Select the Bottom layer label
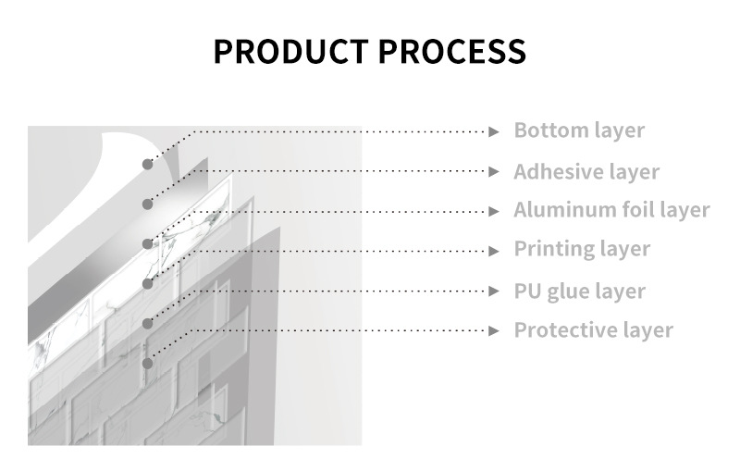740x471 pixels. click(x=579, y=130)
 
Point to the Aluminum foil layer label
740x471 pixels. click(x=611, y=211)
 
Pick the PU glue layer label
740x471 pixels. click(x=579, y=291)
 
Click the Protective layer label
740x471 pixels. click(x=593, y=330)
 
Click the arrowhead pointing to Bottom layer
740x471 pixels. click(x=495, y=131)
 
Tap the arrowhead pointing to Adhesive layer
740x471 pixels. click(x=495, y=172)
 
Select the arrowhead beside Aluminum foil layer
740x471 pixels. click(x=495, y=212)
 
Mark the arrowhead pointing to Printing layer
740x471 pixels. click(x=495, y=251)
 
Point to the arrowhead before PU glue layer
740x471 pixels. click(x=495, y=291)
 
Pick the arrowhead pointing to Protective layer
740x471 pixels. click(x=495, y=330)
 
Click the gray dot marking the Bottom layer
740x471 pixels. click(x=147, y=164)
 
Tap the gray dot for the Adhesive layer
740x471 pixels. click(x=147, y=204)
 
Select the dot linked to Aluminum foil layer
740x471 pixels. click(x=147, y=243)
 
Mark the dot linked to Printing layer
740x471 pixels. click(x=147, y=283)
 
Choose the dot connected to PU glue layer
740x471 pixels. click(x=147, y=323)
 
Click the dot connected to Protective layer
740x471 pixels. click(x=147, y=363)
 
